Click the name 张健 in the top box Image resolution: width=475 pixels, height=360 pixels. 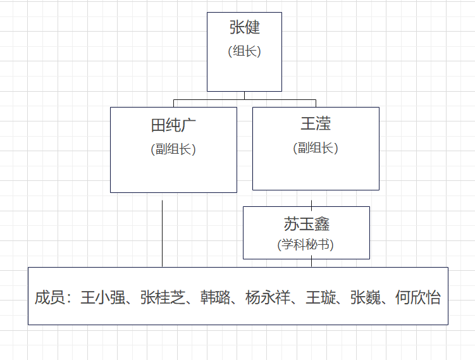pyautogui.click(x=245, y=28)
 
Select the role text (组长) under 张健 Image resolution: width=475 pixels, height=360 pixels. pyautogui.click(x=245, y=52)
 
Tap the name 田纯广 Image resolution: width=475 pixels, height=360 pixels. pyautogui.click(x=173, y=125)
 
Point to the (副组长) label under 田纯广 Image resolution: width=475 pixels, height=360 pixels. pyautogui.click(x=173, y=149)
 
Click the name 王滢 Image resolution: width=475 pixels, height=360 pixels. pyautogui.click(x=316, y=123)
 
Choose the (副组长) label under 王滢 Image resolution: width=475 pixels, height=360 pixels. pyautogui.click(x=316, y=148)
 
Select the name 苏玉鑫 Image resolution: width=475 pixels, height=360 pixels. pyautogui.click(x=306, y=224)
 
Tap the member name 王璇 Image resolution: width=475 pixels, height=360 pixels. pyautogui.click(x=321, y=297)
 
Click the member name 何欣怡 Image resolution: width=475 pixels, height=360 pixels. pyautogui.click(x=418, y=297)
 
